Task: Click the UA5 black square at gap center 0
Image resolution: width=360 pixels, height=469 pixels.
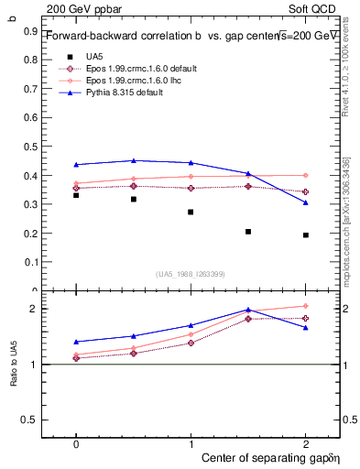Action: (x=76, y=195)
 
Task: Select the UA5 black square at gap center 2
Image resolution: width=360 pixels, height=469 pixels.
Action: (x=306, y=235)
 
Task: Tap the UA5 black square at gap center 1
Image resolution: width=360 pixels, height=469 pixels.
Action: (x=191, y=212)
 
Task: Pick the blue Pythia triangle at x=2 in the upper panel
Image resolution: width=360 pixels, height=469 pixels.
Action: (x=306, y=202)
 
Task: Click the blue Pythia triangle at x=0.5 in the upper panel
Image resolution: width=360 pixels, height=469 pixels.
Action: (x=134, y=161)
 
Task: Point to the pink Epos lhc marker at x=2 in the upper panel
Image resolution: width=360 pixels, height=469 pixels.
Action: (x=306, y=175)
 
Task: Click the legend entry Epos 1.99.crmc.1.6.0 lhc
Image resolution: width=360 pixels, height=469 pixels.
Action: (x=136, y=81)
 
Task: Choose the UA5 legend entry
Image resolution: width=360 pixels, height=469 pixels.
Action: (x=94, y=57)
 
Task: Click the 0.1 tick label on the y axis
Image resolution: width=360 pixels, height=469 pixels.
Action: (x=30, y=262)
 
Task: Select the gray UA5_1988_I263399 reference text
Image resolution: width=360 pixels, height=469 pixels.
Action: (x=191, y=274)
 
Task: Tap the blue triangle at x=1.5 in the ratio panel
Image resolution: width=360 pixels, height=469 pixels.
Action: (x=248, y=310)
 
